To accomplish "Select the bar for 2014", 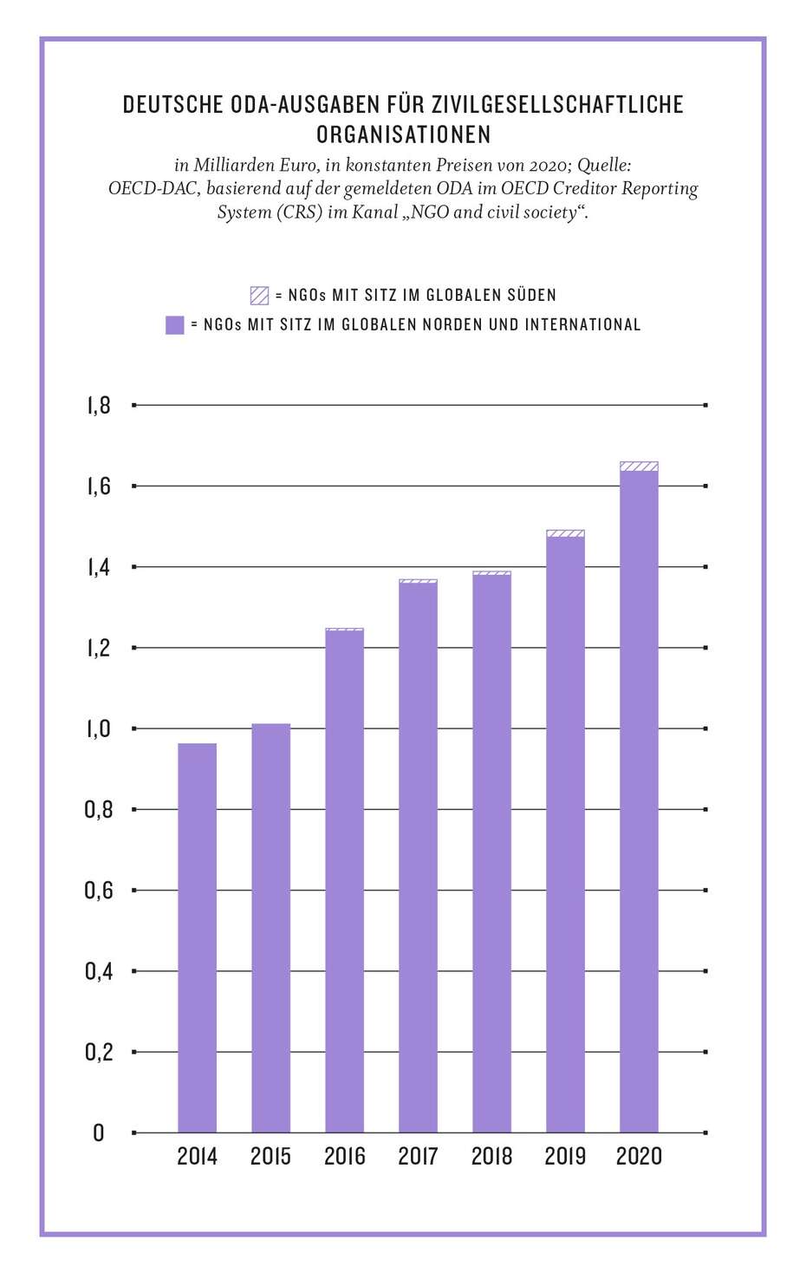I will (x=197, y=937).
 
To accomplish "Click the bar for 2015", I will (x=270, y=928).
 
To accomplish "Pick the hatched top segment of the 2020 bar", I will (x=639, y=467).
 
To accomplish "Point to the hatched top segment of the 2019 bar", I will (x=565, y=533).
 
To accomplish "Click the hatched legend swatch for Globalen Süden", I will (x=259, y=295).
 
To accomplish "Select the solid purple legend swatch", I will (x=174, y=325).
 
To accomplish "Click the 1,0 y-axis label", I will (x=99, y=728).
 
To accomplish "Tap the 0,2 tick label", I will (x=99, y=1052).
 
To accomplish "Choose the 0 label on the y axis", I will (x=99, y=1133).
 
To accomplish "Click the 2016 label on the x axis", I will (x=344, y=1156).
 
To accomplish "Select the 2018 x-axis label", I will (x=491, y=1156).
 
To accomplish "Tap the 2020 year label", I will (x=639, y=1156).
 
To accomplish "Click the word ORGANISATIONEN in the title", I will (x=403, y=134).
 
